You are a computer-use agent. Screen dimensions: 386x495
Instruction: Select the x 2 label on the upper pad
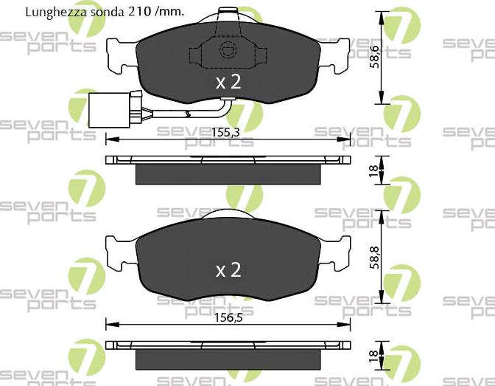(x=228, y=83)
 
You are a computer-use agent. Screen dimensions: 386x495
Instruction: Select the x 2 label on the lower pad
(x=228, y=270)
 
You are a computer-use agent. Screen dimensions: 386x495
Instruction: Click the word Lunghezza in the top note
(x=53, y=13)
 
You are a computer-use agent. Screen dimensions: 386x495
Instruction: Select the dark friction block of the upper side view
(x=228, y=174)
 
